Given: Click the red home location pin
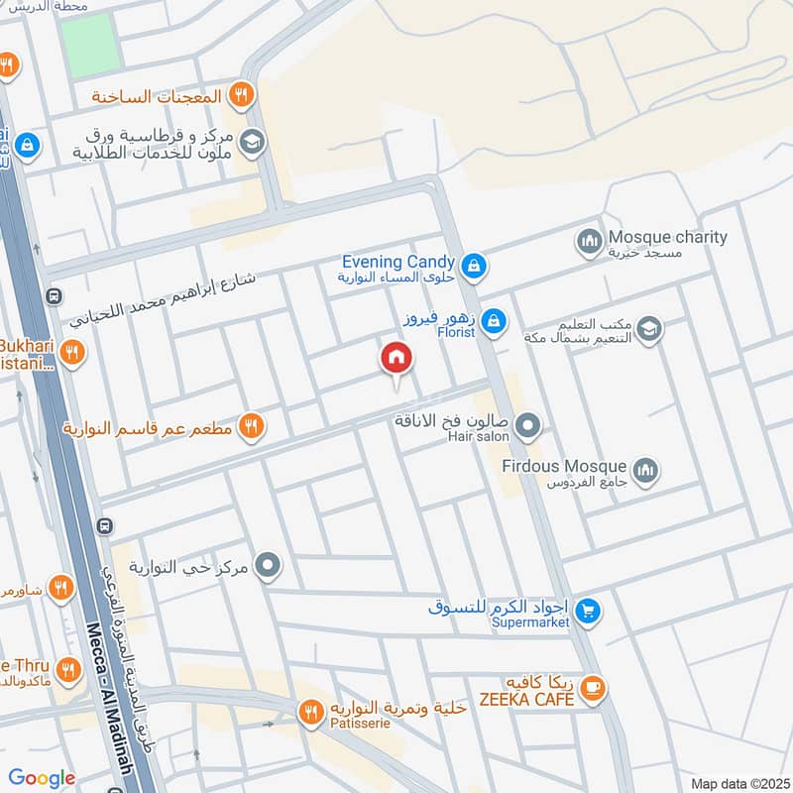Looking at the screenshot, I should pyautogui.click(x=396, y=359).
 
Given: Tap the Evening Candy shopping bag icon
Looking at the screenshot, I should pyautogui.click(x=474, y=265).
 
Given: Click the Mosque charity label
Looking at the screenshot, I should pyautogui.click(x=667, y=238).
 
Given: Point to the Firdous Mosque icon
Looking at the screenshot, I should pyautogui.click(x=646, y=469).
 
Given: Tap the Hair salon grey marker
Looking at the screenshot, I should pyautogui.click(x=528, y=427).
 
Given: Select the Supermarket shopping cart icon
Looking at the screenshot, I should pyautogui.click(x=589, y=612).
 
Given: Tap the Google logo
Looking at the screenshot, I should pyautogui.click(x=42, y=778).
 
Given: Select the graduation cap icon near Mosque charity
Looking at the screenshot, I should pyautogui.click(x=649, y=329).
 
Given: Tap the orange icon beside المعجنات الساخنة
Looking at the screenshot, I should pyautogui.click(x=239, y=95).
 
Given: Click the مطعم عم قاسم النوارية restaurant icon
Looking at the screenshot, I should pyautogui.click(x=251, y=426).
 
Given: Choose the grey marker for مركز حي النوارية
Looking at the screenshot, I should pyautogui.click(x=268, y=567).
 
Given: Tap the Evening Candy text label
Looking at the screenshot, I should pyautogui.click(x=398, y=262).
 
